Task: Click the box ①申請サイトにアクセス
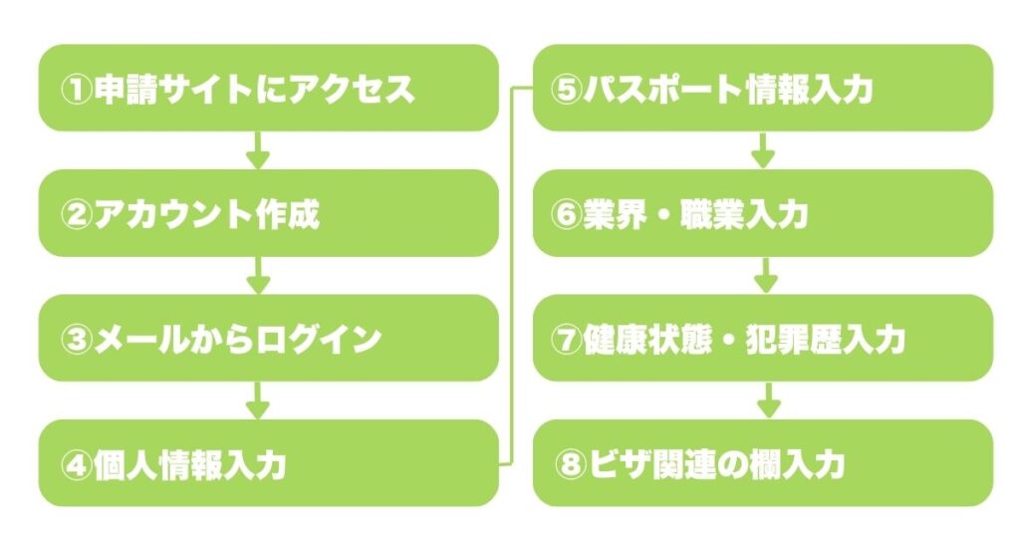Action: [267, 88]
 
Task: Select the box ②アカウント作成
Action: [267, 213]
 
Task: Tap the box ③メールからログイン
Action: [267, 338]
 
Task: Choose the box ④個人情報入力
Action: [267, 463]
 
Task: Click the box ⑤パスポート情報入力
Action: [763, 88]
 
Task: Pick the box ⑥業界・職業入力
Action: [763, 213]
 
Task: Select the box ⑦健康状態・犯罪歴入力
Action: [763, 338]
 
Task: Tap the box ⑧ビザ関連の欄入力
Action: [763, 463]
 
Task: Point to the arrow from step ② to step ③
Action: [258, 275]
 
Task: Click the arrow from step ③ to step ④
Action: [258, 401]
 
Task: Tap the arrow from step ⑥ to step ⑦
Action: [764, 275]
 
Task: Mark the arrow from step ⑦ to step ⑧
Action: [764, 401]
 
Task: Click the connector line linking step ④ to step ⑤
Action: [515, 275]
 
